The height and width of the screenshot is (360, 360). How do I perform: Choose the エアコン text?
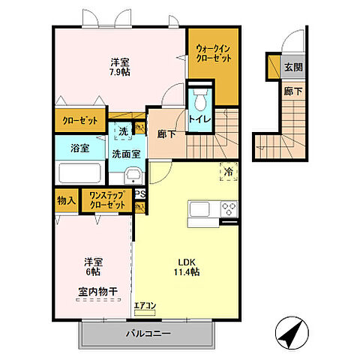[x=144, y=305]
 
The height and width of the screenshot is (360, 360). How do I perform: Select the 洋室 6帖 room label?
[x=92, y=268]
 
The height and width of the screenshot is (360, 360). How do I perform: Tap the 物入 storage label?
[x=65, y=200]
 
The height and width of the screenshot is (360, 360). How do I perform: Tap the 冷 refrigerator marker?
[x=228, y=172]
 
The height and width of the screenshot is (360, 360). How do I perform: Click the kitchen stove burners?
[x=228, y=209]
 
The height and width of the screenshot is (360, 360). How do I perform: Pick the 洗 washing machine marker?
[x=121, y=130]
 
